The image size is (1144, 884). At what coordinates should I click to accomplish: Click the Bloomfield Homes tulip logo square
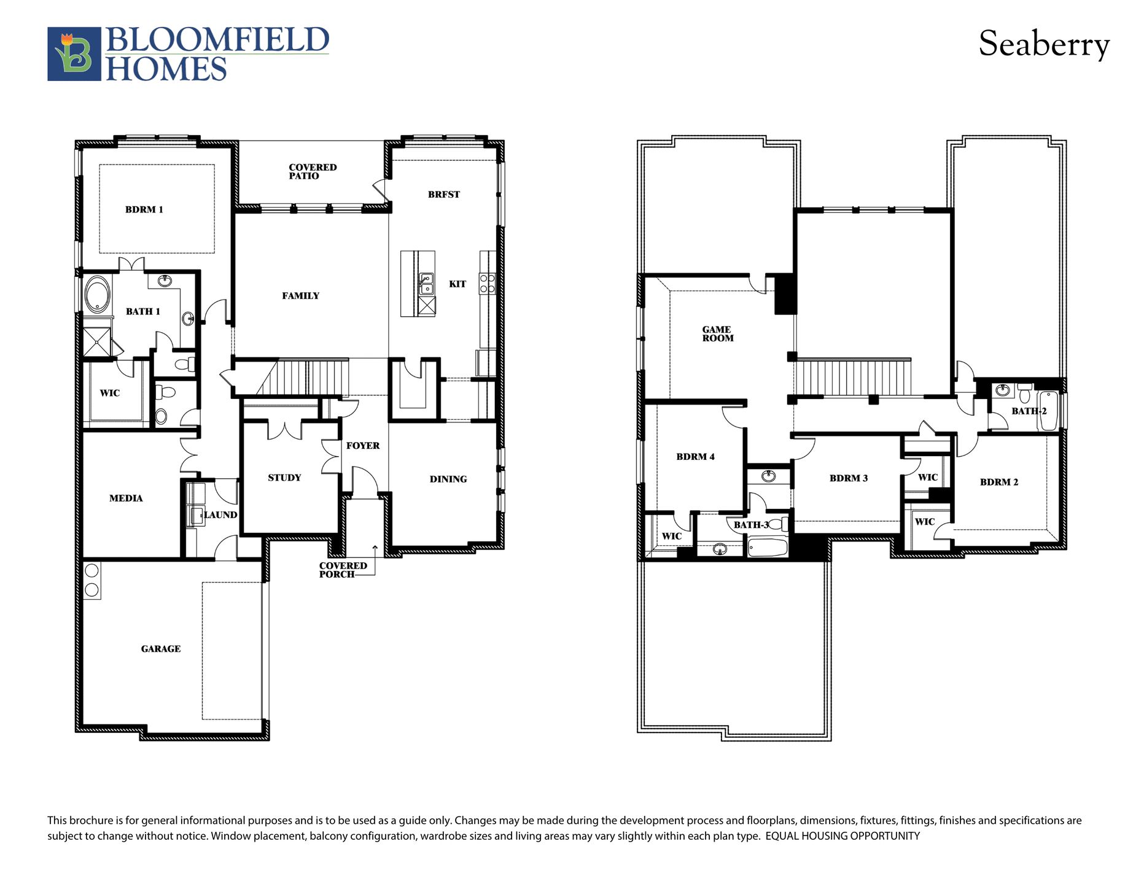click(74, 54)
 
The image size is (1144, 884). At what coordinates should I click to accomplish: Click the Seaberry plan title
click(1043, 45)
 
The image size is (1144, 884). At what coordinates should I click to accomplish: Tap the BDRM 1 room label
click(144, 209)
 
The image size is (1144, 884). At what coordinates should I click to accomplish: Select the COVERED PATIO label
click(312, 171)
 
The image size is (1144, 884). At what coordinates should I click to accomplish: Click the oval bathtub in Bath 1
click(97, 294)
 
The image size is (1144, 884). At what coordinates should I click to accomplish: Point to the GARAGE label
click(160, 648)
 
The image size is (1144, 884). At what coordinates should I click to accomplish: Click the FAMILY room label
click(300, 296)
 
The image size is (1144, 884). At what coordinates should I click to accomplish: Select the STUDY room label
click(284, 478)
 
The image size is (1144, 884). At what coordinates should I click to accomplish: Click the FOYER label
click(362, 446)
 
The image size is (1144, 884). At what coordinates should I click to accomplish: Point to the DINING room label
click(448, 479)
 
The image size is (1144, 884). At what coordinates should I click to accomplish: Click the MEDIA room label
click(126, 498)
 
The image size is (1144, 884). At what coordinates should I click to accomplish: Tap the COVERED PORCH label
click(342, 570)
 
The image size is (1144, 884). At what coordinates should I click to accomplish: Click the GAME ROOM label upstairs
click(717, 333)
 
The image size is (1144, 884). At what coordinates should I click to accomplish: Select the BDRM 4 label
click(695, 456)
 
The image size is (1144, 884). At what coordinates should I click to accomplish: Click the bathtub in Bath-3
click(768, 546)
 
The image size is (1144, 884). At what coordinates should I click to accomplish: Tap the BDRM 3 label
click(848, 478)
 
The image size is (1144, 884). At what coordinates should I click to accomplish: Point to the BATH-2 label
click(1029, 411)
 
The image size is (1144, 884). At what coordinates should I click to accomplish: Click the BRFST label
click(443, 195)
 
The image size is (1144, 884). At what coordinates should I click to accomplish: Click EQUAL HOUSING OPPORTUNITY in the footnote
click(842, 836)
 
